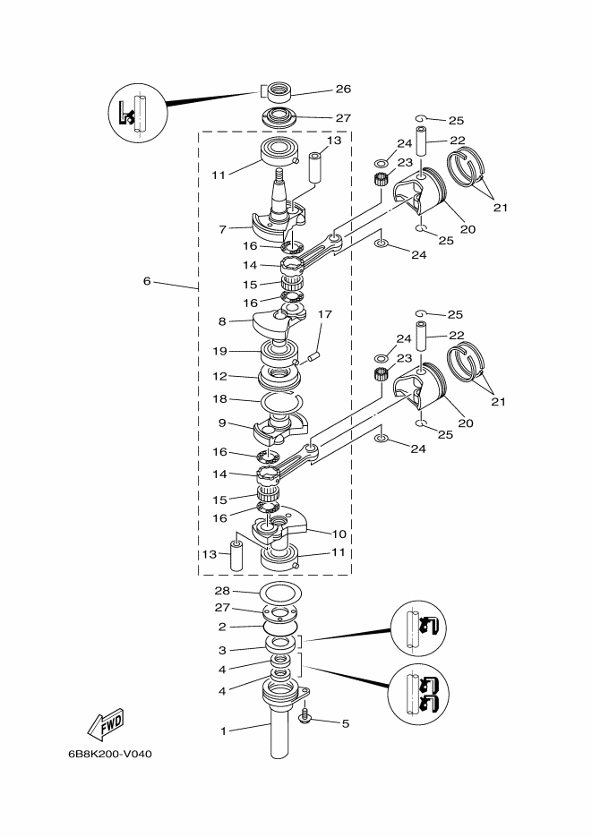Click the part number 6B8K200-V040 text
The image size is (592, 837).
[109, 753]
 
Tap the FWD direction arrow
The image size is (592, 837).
[106, 722]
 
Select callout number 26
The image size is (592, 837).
[343, 89]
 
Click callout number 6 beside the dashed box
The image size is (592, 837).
[146, 281]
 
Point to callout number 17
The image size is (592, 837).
[324, 314]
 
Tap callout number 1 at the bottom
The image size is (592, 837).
[224, 731]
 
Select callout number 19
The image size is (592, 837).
[220, 351]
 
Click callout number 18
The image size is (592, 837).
[220, 399]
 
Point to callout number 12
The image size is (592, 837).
[220, 376]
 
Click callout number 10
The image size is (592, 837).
[339, 534]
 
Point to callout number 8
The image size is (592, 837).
[220, 320]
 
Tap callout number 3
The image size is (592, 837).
[223, 650]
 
